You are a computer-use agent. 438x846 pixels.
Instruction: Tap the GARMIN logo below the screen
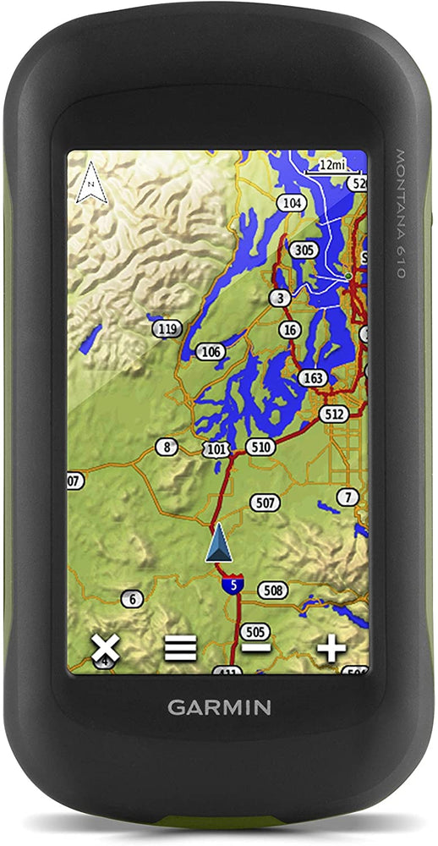pos(219,707)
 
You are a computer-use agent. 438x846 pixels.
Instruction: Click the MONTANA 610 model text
pos(401,214)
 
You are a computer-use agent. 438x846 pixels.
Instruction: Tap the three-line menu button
pos(180,649)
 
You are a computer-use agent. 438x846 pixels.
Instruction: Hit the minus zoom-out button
pos(255,649)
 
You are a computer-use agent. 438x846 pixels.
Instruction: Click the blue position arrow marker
pos(218,543)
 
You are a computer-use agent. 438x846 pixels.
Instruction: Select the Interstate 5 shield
pos(231,583)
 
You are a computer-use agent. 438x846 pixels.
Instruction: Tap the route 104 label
pos(293,203)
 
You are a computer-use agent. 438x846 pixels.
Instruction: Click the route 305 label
pos(304,250)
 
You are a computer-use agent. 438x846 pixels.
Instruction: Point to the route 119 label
pos(169,328)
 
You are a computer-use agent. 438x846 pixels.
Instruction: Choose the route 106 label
pos(211,351)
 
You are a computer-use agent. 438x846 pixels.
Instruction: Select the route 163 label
pos(313,377)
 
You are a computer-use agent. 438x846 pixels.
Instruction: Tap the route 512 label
pos(334,414)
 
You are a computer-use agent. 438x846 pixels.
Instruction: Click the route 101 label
pos(216,448)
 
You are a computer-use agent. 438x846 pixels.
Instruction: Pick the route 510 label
pos(260,446)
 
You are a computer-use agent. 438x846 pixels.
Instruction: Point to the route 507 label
pos(265,503)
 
